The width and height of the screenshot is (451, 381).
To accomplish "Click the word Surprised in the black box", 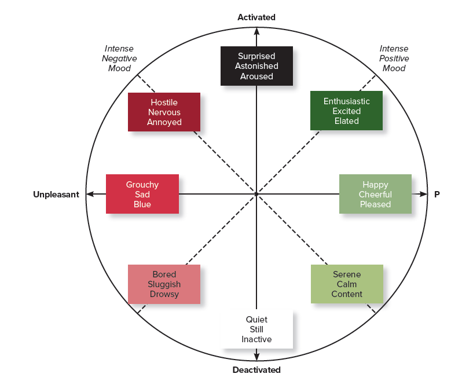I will [x=256, y=56].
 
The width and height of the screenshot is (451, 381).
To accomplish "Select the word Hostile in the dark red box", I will [x=164, y=102].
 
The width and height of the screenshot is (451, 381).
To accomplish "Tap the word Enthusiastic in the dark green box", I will [x=346, y=101].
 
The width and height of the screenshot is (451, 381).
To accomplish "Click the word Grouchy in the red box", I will [x=142, y=185].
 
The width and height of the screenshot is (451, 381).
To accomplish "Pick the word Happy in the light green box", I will [x=375, y=185].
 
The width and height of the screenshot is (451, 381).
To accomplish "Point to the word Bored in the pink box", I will [x=164, y=274].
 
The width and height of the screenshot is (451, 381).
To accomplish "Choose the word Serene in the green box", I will [x=347, y=274].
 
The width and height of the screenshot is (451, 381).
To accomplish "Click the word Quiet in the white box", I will [x=256, y=320].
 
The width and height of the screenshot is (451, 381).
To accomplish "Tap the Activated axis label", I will [x=256, y=17].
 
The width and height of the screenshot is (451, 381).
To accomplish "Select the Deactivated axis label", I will [x=256, y=369].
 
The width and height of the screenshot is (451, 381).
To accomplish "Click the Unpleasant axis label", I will [x=56, y=195].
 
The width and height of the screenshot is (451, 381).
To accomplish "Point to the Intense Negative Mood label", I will [x=119, y=58].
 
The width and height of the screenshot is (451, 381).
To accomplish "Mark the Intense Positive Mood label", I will [x=394, y=58].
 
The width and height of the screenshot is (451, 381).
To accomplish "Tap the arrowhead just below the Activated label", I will [x=256, y=31].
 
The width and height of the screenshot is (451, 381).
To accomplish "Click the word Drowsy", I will [x=164, y=294].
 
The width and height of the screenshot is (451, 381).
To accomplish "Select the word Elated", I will [x=346, y=121].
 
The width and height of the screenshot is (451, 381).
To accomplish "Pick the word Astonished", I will [x=256, y=66].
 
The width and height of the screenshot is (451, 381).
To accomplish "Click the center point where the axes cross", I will [x=256, y=194].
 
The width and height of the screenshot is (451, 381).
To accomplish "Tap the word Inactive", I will [x=256, y=339].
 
